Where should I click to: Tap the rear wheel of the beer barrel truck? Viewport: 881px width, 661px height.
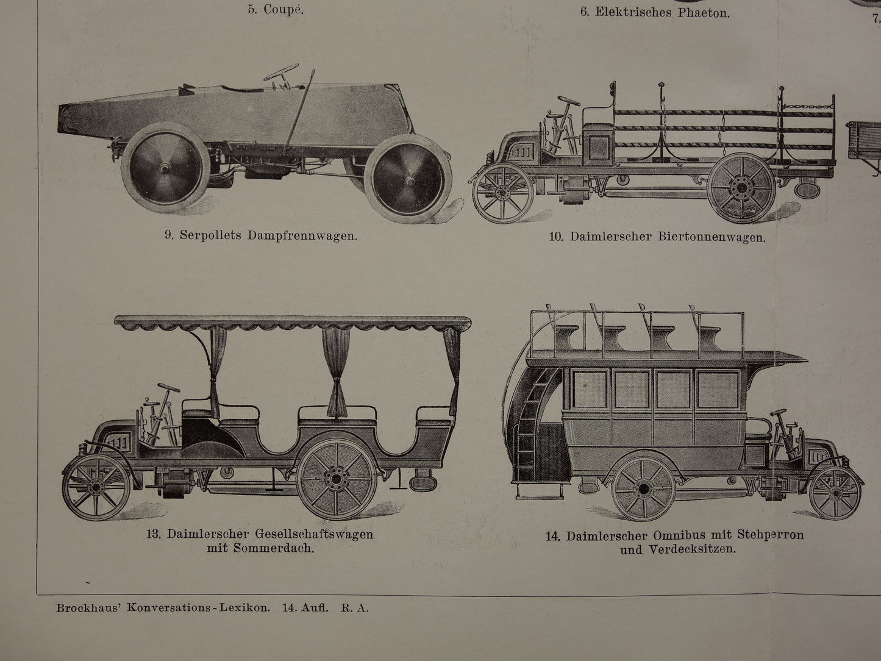(x=742, y=189)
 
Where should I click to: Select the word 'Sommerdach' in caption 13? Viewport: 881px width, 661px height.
(x=284, y=548)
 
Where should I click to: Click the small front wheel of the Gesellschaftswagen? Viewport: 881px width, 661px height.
(x=96, y=486)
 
